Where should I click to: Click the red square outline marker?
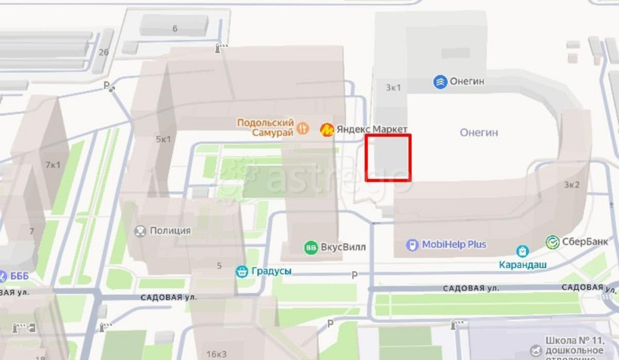pyautogui.click(x=388, y=158)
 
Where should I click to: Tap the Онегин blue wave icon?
pyautogui.click(x=440, y=82)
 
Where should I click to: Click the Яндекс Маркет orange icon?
pyautogui.click(x=326, y=129)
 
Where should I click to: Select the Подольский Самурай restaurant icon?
pyautogui.click(x=303, y=128)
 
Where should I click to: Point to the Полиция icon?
pyautogui.click(x=141, y=231)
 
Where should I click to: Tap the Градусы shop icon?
pyautogui.click(x=241, y=271)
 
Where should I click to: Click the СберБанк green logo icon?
pyautogui.click(x=553, y=242)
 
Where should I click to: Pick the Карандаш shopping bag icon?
pyautogui.click(x=523, y=251)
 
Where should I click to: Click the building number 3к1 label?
pyautogui.click(x=393, y=87)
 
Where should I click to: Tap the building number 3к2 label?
pyautogui.click(x=571, y=184)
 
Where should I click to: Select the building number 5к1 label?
pyautogui.click(x=163, y=139)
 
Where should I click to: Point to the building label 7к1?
pyautogui.click(x=53, y=165)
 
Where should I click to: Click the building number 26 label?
pyautogui.click(x=103, y=52)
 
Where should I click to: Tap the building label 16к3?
pyautogui.click(x=216, y=354)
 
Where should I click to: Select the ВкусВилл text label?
pyautogui.click(x=344, y=247)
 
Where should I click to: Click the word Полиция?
pyautogui.click(x=170, y=231)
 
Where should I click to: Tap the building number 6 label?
pyautogui.click(x=175, y=28)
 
